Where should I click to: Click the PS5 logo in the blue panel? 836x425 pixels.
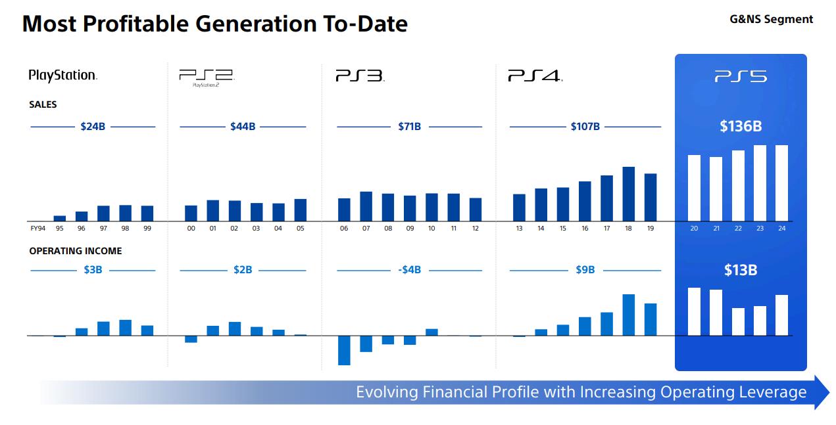(x=741, y=77)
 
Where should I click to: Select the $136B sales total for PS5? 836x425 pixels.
(x=741, y=126)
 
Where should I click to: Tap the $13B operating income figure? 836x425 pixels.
(x=741, y=270)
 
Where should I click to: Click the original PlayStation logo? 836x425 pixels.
(x=63, y=76)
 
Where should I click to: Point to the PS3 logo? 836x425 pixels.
(x=360, y=76)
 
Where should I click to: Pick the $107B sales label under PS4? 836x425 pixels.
(x=585, y=127)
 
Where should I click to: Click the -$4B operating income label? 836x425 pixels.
(x=409, y=270)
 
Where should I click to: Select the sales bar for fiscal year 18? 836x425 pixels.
(x=628, y=194)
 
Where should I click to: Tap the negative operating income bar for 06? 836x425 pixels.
(x=344, y=350)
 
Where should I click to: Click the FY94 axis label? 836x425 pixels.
(x=37, y=229)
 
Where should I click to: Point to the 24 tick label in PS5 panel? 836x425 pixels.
(x=781, y=229)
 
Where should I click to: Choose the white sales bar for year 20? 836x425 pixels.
(x=694, y=188)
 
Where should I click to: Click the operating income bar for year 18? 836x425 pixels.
(x=628, y=315)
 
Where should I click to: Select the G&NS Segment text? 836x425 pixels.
(x=771, y=19)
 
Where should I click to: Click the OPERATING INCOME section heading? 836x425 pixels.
(x=76, y=251)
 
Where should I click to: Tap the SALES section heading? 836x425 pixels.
(x=43, y=104)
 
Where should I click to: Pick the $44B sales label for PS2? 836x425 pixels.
(x=243, y=127)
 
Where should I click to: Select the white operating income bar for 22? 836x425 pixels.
(x=738, y=322)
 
